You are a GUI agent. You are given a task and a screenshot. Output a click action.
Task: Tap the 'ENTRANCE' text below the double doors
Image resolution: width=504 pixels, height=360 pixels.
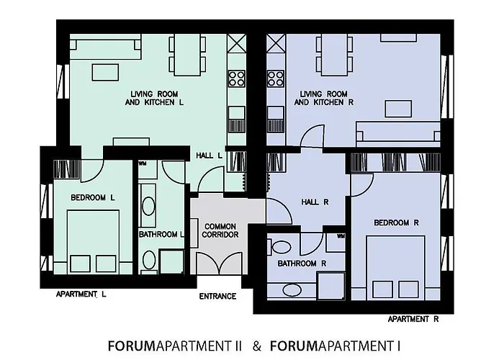pyautogui.click(x=217, y=296)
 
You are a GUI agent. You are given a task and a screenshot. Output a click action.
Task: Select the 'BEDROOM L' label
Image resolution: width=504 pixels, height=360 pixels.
pyautogui.click(x=94, y=197)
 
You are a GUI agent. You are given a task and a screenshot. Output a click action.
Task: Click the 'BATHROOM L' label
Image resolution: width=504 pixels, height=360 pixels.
pyautogui.click(x=162, y=234)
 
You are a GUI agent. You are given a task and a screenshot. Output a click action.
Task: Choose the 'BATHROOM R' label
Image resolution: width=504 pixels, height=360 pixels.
pyautogui.click(x=302, y=264)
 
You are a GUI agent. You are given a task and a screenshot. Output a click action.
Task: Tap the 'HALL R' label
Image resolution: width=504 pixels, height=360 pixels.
pyautogui.click(x=315, y=202)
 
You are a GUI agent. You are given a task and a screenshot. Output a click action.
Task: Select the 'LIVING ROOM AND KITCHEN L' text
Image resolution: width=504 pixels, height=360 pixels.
pyautogui.click(x=157, y=99)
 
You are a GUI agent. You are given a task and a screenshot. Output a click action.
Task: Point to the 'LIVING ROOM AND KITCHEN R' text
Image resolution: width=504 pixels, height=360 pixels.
pyautogui.click(x=323, y=99)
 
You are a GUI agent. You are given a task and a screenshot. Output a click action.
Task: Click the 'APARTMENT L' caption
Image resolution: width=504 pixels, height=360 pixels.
pyautogui.click(x=81, y=294)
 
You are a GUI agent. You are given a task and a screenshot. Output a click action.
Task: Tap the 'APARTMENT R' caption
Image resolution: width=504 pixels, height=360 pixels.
pyautogui.click(x=413, y=318)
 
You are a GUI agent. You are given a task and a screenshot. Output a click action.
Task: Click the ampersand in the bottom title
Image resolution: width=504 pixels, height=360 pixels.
pyautogui.click(x=257, y=345)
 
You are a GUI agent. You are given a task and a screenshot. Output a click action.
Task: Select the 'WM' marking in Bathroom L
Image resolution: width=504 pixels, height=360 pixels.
pyautogui.click(x=142, y=163)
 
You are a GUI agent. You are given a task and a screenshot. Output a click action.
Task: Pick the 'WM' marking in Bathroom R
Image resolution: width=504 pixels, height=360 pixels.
pyautogui.click(x=340, y=235)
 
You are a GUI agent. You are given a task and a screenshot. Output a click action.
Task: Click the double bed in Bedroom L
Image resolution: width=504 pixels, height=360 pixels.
pyautogui.click(x=93, y=238)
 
